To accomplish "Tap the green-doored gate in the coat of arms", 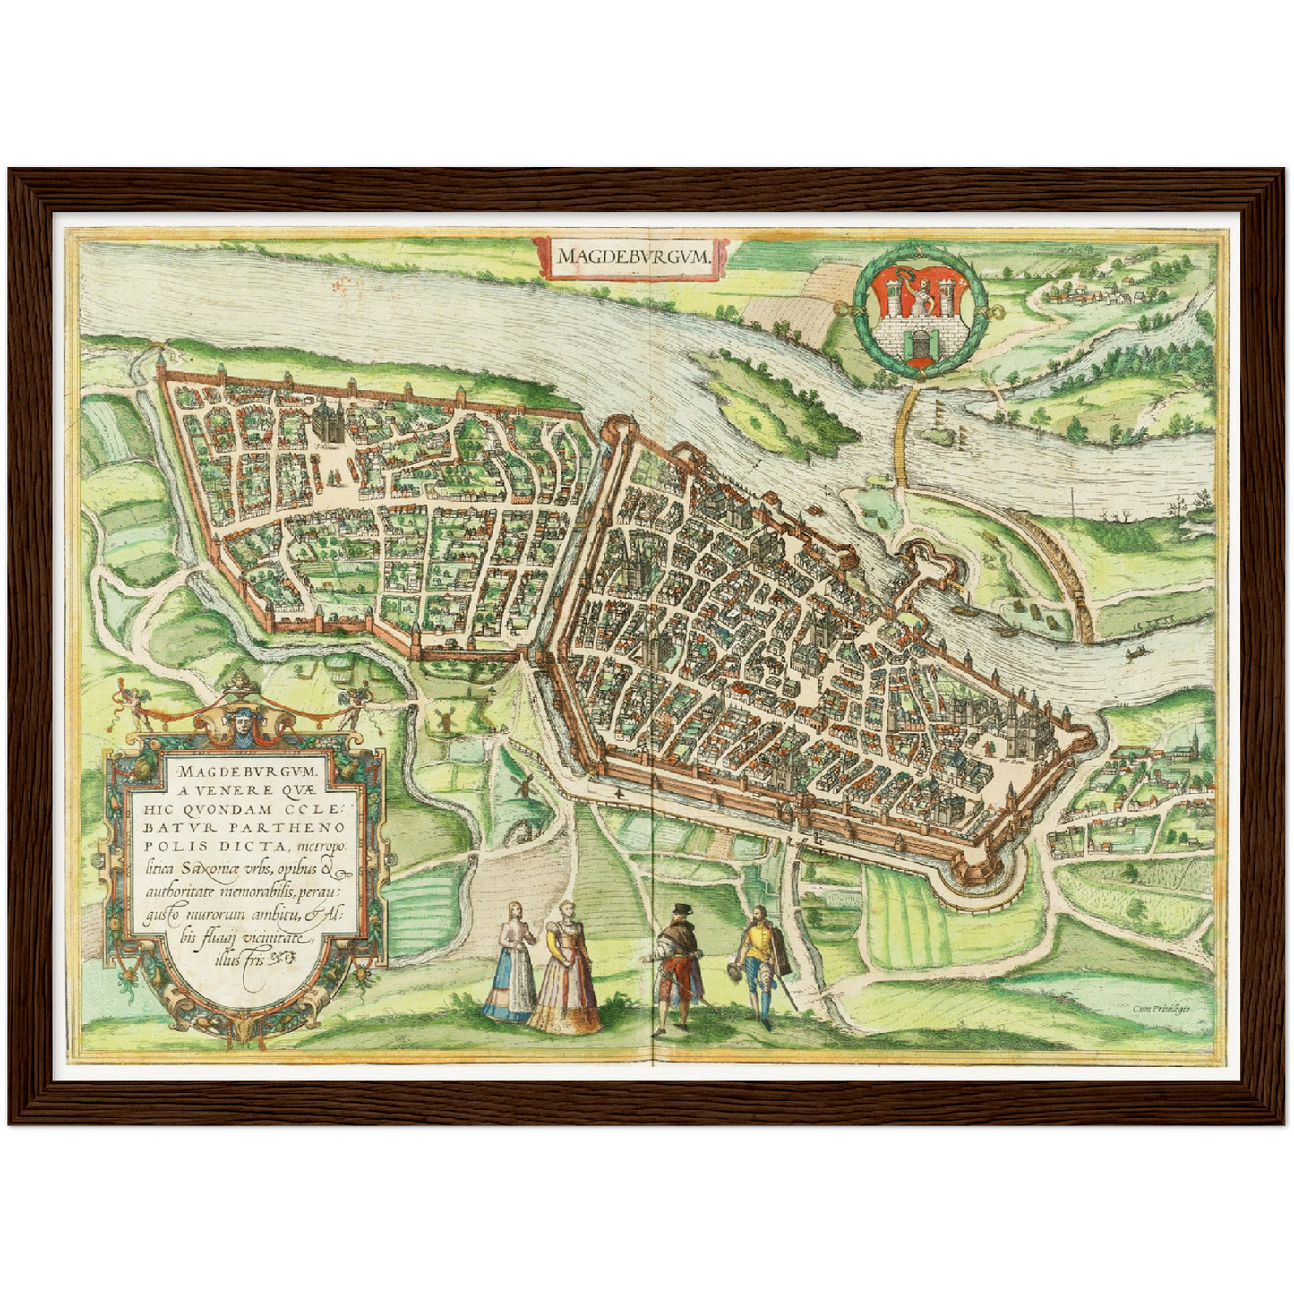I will point(918,342).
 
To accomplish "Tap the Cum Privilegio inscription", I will point(1161,1008).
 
